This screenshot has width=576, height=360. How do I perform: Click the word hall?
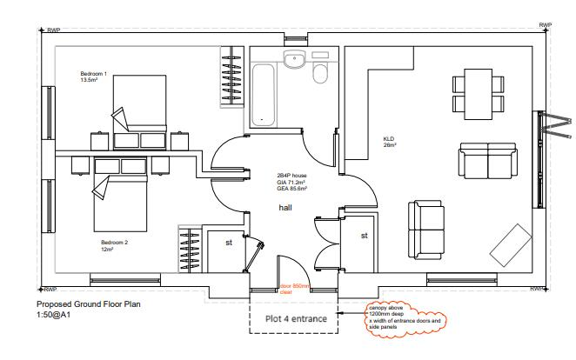click(285, 209)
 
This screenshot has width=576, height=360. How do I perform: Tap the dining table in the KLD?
click(477, 94)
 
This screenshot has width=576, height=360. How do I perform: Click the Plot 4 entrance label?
click(296, 319)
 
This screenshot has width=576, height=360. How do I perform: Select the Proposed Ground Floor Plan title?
click(88, 305)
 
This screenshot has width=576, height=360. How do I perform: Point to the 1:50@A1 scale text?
click(53, 315)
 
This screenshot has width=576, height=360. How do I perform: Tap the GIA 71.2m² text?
click(291, 181)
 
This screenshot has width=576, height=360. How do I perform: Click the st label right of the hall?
click(364, 235)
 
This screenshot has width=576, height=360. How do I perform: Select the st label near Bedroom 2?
click(229, 243)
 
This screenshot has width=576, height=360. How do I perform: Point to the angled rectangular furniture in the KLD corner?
click(511, 244)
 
